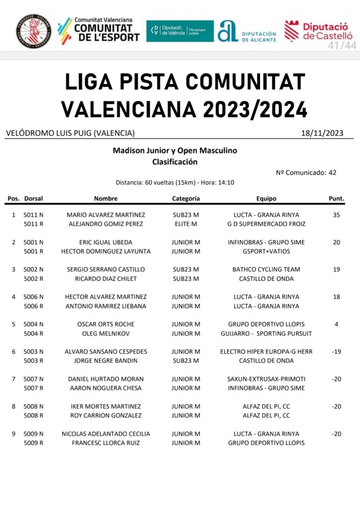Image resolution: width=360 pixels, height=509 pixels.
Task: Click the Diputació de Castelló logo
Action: (x=318, y=30)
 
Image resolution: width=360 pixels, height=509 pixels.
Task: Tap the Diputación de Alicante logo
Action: (x=247, y=31)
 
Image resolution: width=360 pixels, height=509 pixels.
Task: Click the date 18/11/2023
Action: (x=322, y=133)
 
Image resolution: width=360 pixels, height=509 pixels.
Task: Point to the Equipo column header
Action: (x=266, y=198)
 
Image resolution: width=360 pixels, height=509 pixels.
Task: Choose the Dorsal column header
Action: (x=33, y=198)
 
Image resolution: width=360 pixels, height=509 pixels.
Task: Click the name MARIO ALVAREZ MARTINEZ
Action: (x=106, y=215)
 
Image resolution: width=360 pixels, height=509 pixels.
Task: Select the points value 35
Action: (x=337, y=215)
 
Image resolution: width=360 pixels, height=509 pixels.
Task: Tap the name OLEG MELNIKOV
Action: (x=106, y=333)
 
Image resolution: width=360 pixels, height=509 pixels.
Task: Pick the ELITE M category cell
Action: (x=186, y=224)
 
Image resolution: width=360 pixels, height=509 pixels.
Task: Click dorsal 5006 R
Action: (x=34, y=306)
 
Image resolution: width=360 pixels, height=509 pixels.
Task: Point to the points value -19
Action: (x=337, y=352)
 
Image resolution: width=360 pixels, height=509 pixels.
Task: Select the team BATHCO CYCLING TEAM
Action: (x=266, y=270)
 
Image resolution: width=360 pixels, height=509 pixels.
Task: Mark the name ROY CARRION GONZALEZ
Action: (x=106, y=415)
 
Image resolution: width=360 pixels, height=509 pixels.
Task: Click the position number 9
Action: (x=13, y=434)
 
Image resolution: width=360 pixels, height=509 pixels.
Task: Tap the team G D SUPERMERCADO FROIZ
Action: (x=266, y=224)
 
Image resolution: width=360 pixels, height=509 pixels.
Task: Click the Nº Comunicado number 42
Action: (x=332, y=173)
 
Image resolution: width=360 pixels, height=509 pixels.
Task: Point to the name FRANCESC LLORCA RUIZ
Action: (x=106, y=443)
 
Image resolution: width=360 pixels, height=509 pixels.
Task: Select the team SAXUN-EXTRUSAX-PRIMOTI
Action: (x=266, y=379)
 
